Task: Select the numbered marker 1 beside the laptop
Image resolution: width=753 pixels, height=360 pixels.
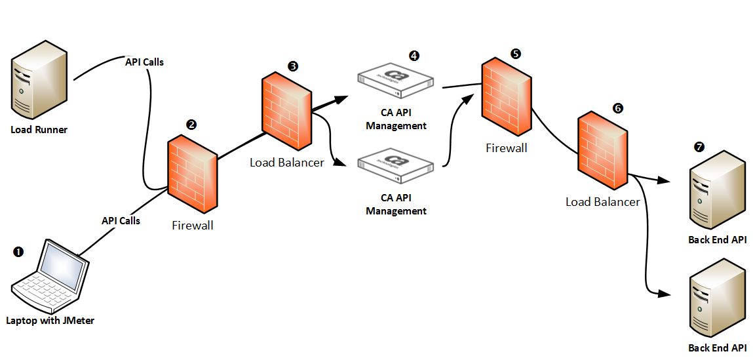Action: pyautogui.click(x=18, y=252)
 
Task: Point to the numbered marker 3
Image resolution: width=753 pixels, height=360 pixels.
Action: pyautogui.click(x=292, y=66)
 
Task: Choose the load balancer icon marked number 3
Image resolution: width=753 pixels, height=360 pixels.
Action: pyautogui.click(x=287, y=113)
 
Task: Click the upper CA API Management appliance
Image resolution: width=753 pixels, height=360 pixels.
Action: pyautogui.click(x=396, y=79)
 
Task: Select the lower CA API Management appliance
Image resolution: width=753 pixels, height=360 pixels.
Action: pyautogui.click(x=396, y=164)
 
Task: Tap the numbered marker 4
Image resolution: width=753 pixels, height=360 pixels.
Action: pyautogui.click(x=414, y=56)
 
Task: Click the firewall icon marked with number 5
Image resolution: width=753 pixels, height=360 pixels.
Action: pyautogui.click(x=507, y=98)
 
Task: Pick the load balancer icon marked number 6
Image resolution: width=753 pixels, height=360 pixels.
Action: pyautogui.click(x=602, y=152)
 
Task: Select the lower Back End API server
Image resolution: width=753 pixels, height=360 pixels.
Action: pyautogui.click(x=718, y=298)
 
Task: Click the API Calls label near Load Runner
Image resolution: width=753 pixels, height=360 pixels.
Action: pyautogui.click(x=144, y=62)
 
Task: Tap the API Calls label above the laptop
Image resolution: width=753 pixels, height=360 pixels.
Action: pyautogui.click(x=121, y=221)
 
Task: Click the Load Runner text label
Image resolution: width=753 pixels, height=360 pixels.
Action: pyautogui.click(x=39, y=130)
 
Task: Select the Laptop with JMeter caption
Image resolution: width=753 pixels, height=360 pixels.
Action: pyautogui.click(x=50, y=321)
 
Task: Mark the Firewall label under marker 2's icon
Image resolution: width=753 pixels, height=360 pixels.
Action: pyautogui.click(x=193, y=226)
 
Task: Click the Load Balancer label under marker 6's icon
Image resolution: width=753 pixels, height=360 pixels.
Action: pyautogui.click(x=602, y=202)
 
